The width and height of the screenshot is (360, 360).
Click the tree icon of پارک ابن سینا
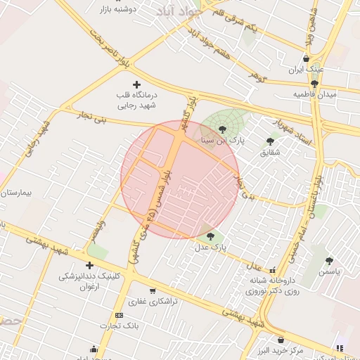click(223, 129)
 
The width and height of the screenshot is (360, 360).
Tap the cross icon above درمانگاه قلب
click(136, 84)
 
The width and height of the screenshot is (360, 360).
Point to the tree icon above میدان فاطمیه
click(304, 84)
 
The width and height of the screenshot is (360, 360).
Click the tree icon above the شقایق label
click(270, 141)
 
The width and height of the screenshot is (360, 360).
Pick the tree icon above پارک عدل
click(211, 236)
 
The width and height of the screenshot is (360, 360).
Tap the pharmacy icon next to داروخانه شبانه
click(272, 270)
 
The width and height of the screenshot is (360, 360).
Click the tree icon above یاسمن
click(330, 261)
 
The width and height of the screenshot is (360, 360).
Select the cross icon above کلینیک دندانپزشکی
click(89, 265)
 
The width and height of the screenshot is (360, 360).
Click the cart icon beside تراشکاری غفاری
click(153, 290)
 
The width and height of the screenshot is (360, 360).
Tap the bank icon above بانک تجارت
click(119, 315)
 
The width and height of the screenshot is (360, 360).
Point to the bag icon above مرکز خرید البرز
click(281, 340)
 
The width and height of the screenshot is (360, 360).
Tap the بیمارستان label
click(18, 191)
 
